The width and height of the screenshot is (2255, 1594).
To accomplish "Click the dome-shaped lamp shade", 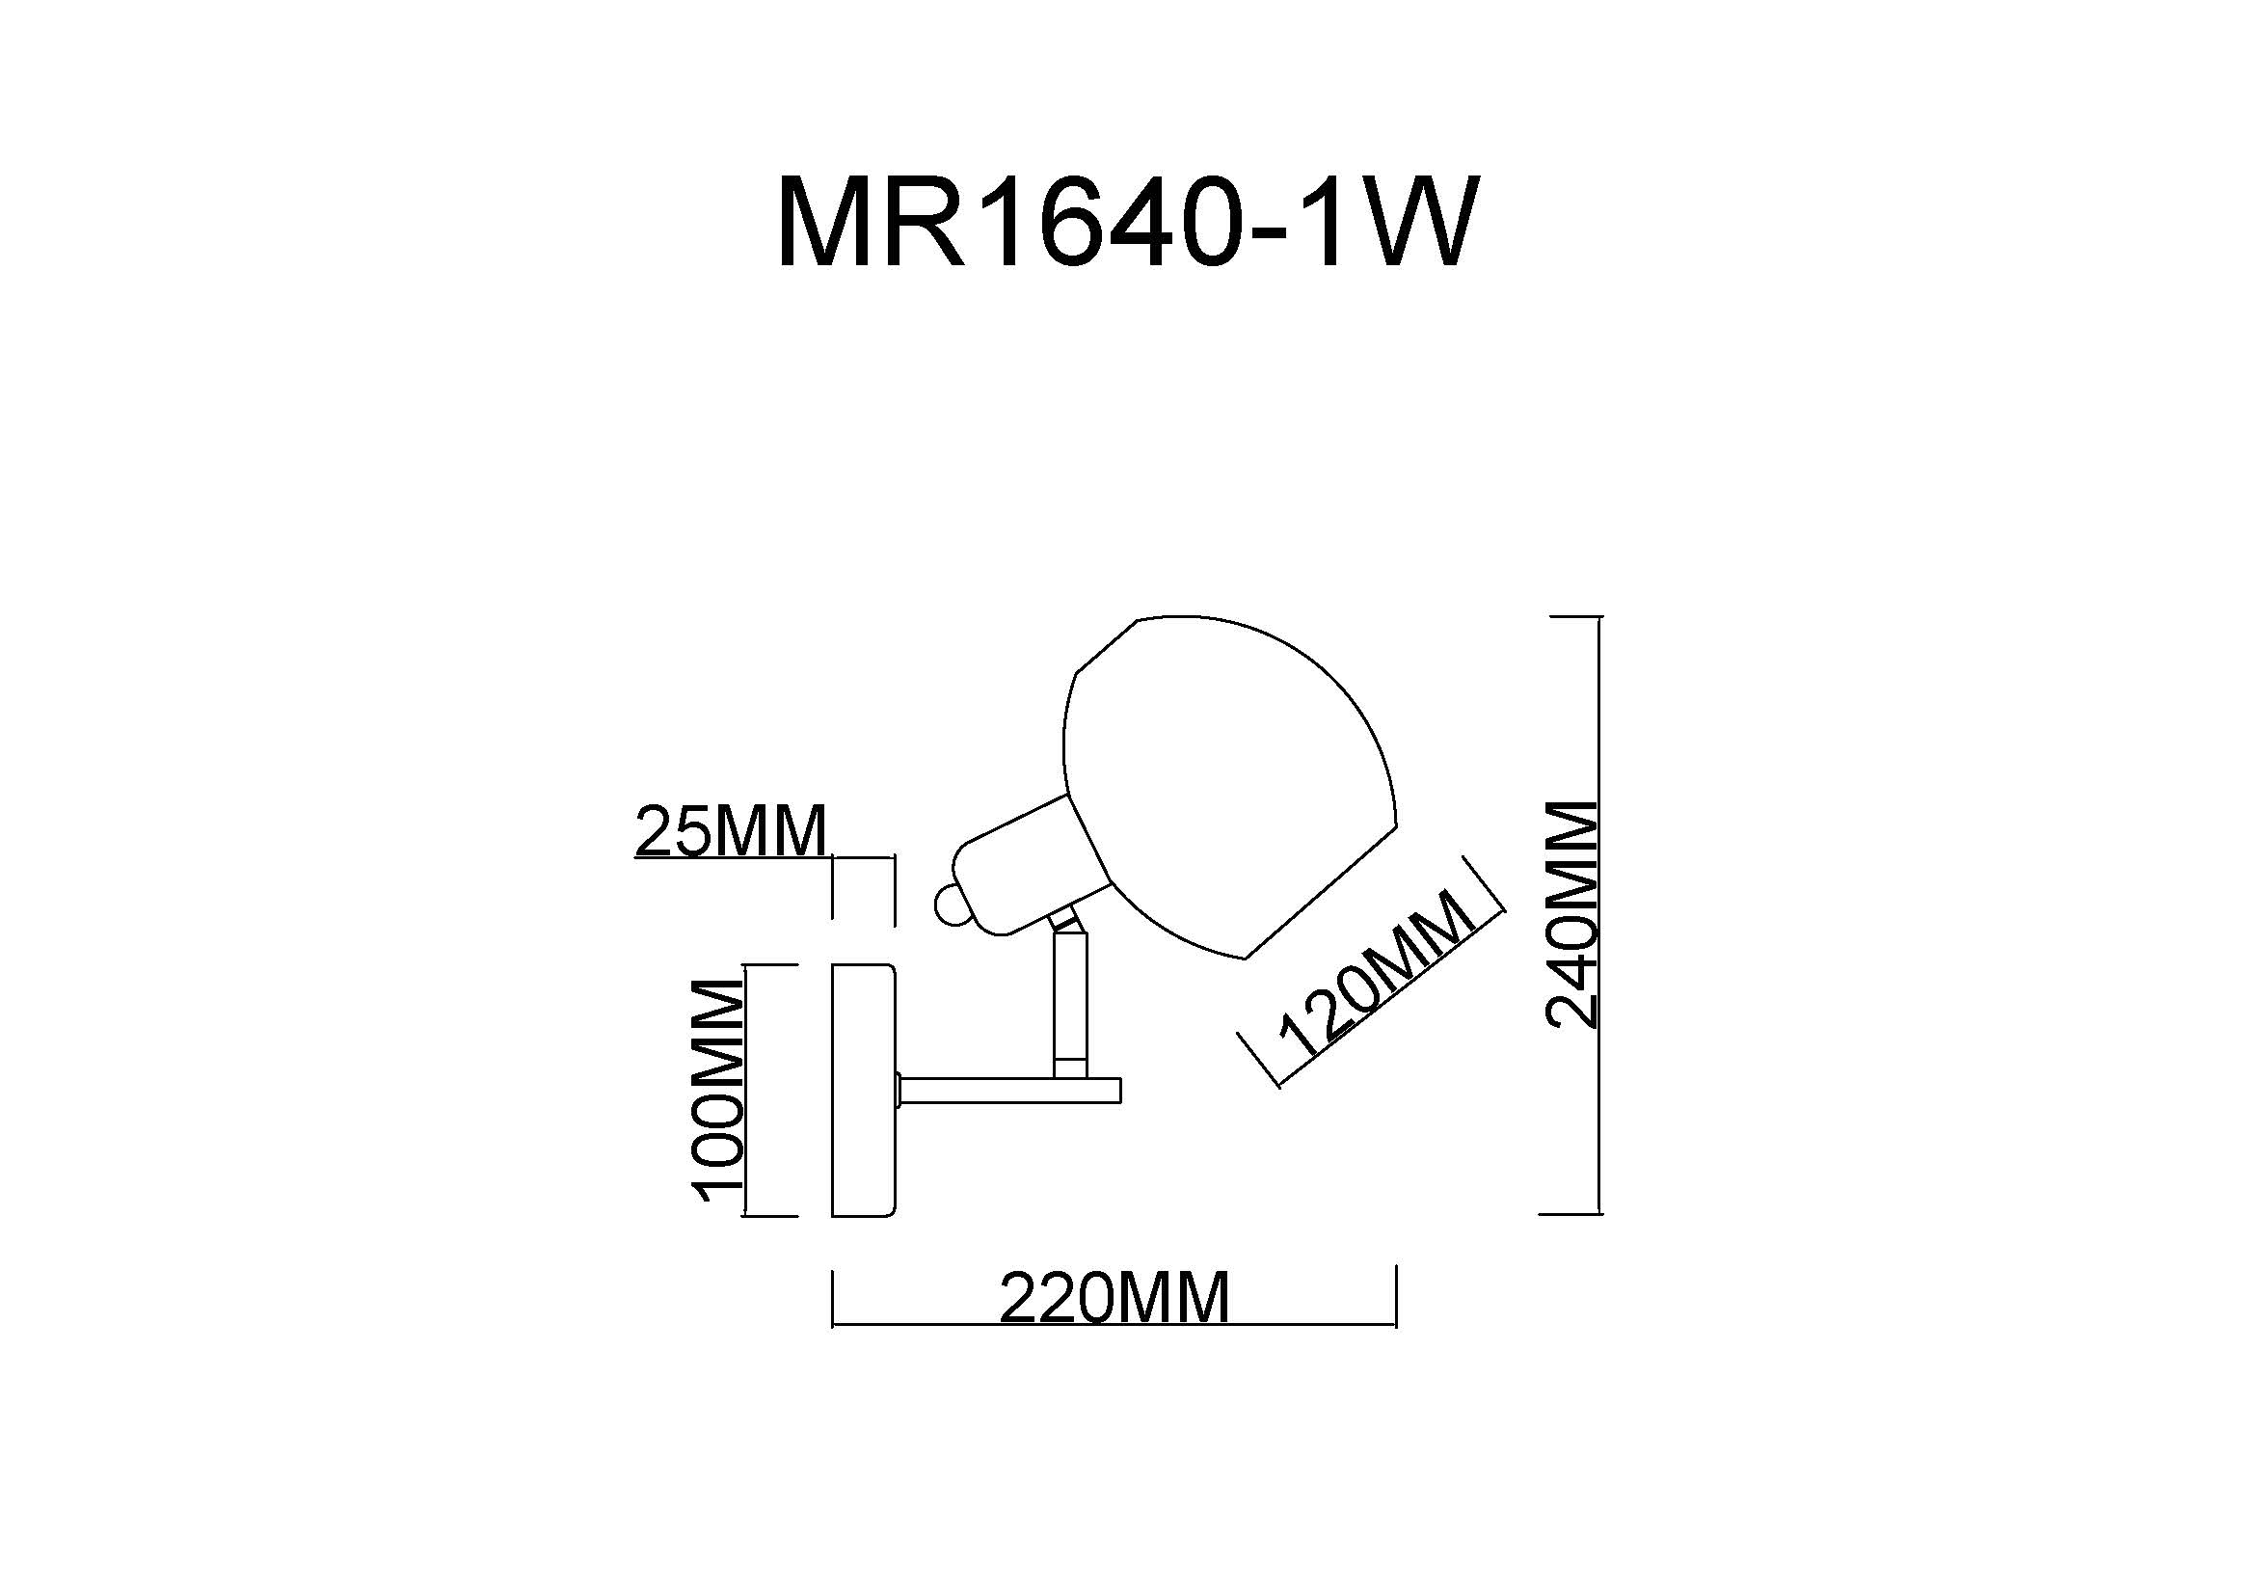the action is [1233, 786].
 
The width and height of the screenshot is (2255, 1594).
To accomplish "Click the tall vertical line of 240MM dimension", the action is [1600, 916].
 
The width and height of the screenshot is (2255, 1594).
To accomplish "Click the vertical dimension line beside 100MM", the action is [747, 1091].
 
